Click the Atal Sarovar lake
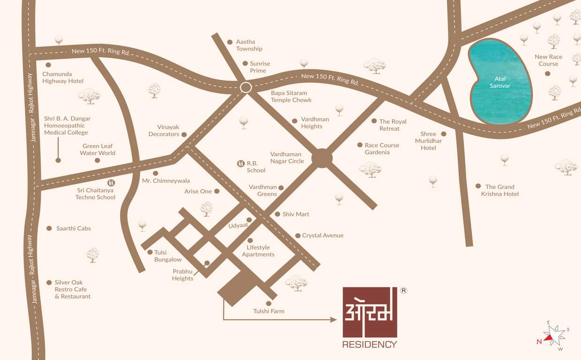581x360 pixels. [499, 82]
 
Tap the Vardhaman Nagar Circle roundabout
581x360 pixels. [322, 158]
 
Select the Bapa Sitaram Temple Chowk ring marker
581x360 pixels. [246, 87]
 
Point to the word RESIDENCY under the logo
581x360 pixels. [370, 345]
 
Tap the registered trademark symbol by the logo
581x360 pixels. [403, 290]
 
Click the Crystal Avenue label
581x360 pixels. [323, 235]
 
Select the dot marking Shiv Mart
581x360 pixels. [278, 214]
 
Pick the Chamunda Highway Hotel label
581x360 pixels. [63, 77]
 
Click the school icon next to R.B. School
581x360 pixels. [240, 164]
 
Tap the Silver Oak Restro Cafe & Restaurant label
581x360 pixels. [72, 289]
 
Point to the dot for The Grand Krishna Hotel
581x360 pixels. [478, 186]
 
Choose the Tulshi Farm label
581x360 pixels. [269, 311]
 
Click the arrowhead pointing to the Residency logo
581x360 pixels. [333, 320]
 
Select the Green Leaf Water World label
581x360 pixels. [98, 150]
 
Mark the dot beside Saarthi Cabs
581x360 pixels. [49, 228]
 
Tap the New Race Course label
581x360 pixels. [548, 60]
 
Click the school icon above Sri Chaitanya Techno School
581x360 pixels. [111, 182]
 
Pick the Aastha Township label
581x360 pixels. [249, 45]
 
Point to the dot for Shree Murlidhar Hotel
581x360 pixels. [444, 134]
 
